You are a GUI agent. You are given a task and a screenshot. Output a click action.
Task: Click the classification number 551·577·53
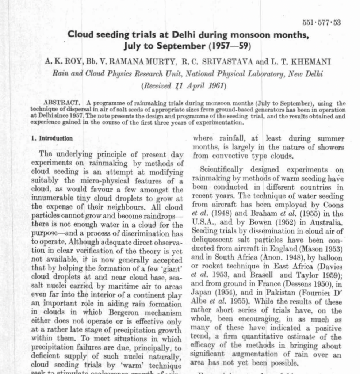click(x=321, y=23)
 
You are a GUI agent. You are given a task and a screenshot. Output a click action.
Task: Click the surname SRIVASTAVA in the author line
click(x=226, y=61)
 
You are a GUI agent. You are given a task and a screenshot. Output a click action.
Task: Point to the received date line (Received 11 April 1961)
click(x=183, y=86)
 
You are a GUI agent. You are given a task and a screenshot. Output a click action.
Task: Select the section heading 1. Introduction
click(x=52, y=139)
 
